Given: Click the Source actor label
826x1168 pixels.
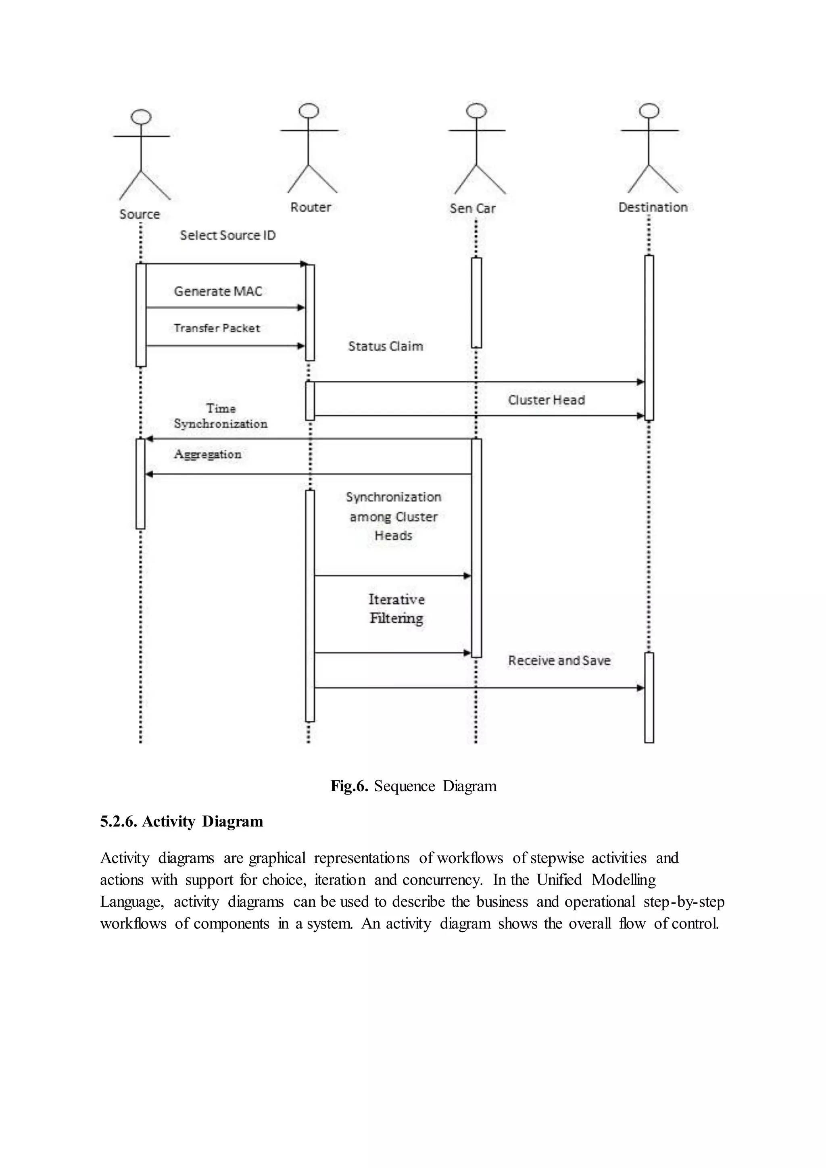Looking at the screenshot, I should click(140, 214).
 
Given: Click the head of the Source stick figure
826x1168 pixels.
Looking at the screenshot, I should click(141, 117).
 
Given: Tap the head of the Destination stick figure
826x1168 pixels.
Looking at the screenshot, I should click(649, 111).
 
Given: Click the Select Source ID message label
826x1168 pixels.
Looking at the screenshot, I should click(227, 236).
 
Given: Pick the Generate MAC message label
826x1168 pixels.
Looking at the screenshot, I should click(218, 292).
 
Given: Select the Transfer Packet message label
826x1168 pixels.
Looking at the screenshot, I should click(217, 328).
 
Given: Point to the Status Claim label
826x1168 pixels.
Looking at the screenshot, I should click(386, 346).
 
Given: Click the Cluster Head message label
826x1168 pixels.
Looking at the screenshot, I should click(546, 400).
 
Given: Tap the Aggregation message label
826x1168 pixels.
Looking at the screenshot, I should click(208, 454).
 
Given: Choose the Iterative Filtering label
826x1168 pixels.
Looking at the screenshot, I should click(396, 609).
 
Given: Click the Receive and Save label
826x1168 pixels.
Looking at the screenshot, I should click(559, 661).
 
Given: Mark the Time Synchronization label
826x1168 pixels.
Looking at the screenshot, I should click(220, 416).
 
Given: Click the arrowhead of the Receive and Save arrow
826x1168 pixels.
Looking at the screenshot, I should click(640, 688).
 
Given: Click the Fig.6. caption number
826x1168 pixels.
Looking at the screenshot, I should click(349, 786).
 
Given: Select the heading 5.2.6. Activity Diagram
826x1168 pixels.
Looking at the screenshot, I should click(181, 822).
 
